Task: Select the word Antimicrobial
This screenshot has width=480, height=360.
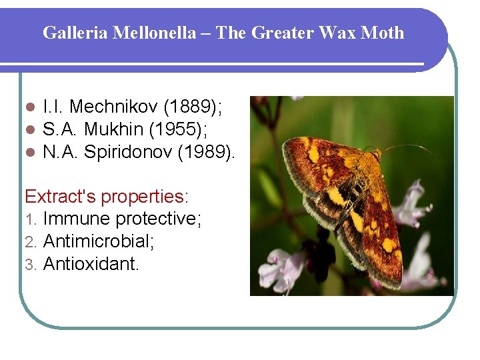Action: point(99,241)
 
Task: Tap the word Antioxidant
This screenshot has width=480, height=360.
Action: point(91,263)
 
